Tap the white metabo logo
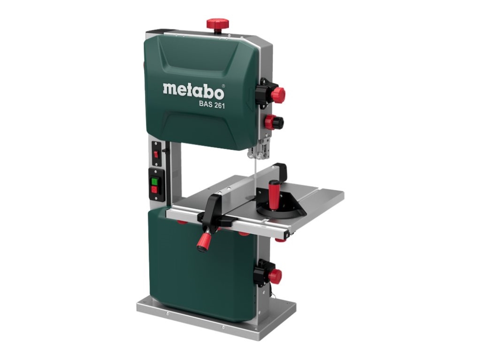click(193, 89)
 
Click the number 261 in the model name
click(218, 105)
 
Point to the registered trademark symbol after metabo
click(223, 86)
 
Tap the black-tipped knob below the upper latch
click(274, 122)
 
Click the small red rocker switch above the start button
click(156, 154)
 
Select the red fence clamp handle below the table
click(204, 241)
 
